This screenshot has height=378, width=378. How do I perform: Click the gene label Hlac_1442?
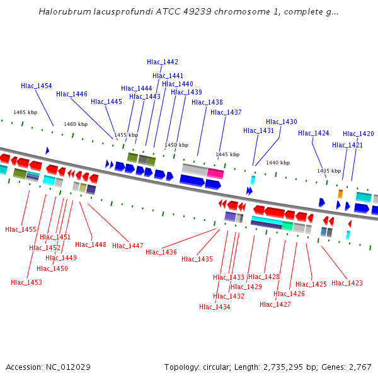click(x=163, y=62)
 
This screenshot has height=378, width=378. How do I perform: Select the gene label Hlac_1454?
click(x=37, y=86)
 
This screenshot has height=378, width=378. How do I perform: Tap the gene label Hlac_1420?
click(x=358, y=134)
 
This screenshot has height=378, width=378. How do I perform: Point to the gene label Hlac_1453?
click(x=26, y=282)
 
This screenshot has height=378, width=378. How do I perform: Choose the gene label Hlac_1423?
click(x=347, y=283)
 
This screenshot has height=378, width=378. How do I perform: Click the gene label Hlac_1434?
click(x=215, y=307)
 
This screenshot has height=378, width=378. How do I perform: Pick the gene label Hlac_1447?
click(x=128, y=246)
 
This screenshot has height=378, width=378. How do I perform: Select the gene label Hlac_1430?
click(x=282, y=122)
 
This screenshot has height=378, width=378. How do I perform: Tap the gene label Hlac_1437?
click(x=226, y=112)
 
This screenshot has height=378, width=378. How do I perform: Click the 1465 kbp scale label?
click(x=25, y=112)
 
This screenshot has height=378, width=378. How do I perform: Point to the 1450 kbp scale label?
click(x=176, y=145)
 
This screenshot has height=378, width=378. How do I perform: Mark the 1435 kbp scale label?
click(x=328, y=171)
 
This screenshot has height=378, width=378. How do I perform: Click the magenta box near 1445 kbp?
click(x=215, y=173)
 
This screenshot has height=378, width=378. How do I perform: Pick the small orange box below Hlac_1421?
click(x=340, y=194)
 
